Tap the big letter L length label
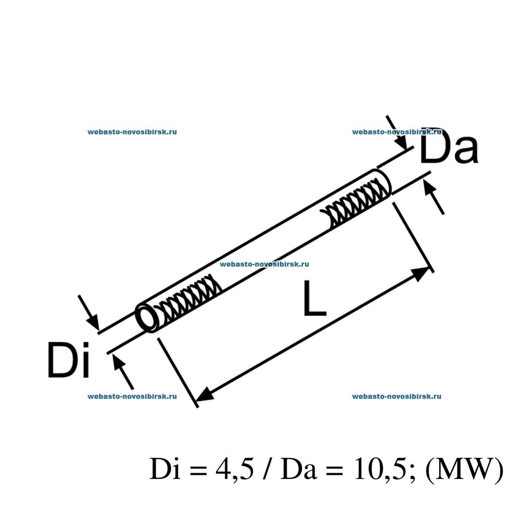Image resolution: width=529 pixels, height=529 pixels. click(315, 299)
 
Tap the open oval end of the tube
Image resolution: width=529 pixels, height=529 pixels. click(148, 317)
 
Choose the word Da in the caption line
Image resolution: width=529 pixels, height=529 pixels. click(298, 469)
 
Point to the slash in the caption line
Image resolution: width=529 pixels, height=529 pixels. click(267, 469)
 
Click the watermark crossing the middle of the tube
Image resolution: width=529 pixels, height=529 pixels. click(264, 264)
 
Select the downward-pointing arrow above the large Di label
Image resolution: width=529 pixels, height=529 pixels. click(89, 313)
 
